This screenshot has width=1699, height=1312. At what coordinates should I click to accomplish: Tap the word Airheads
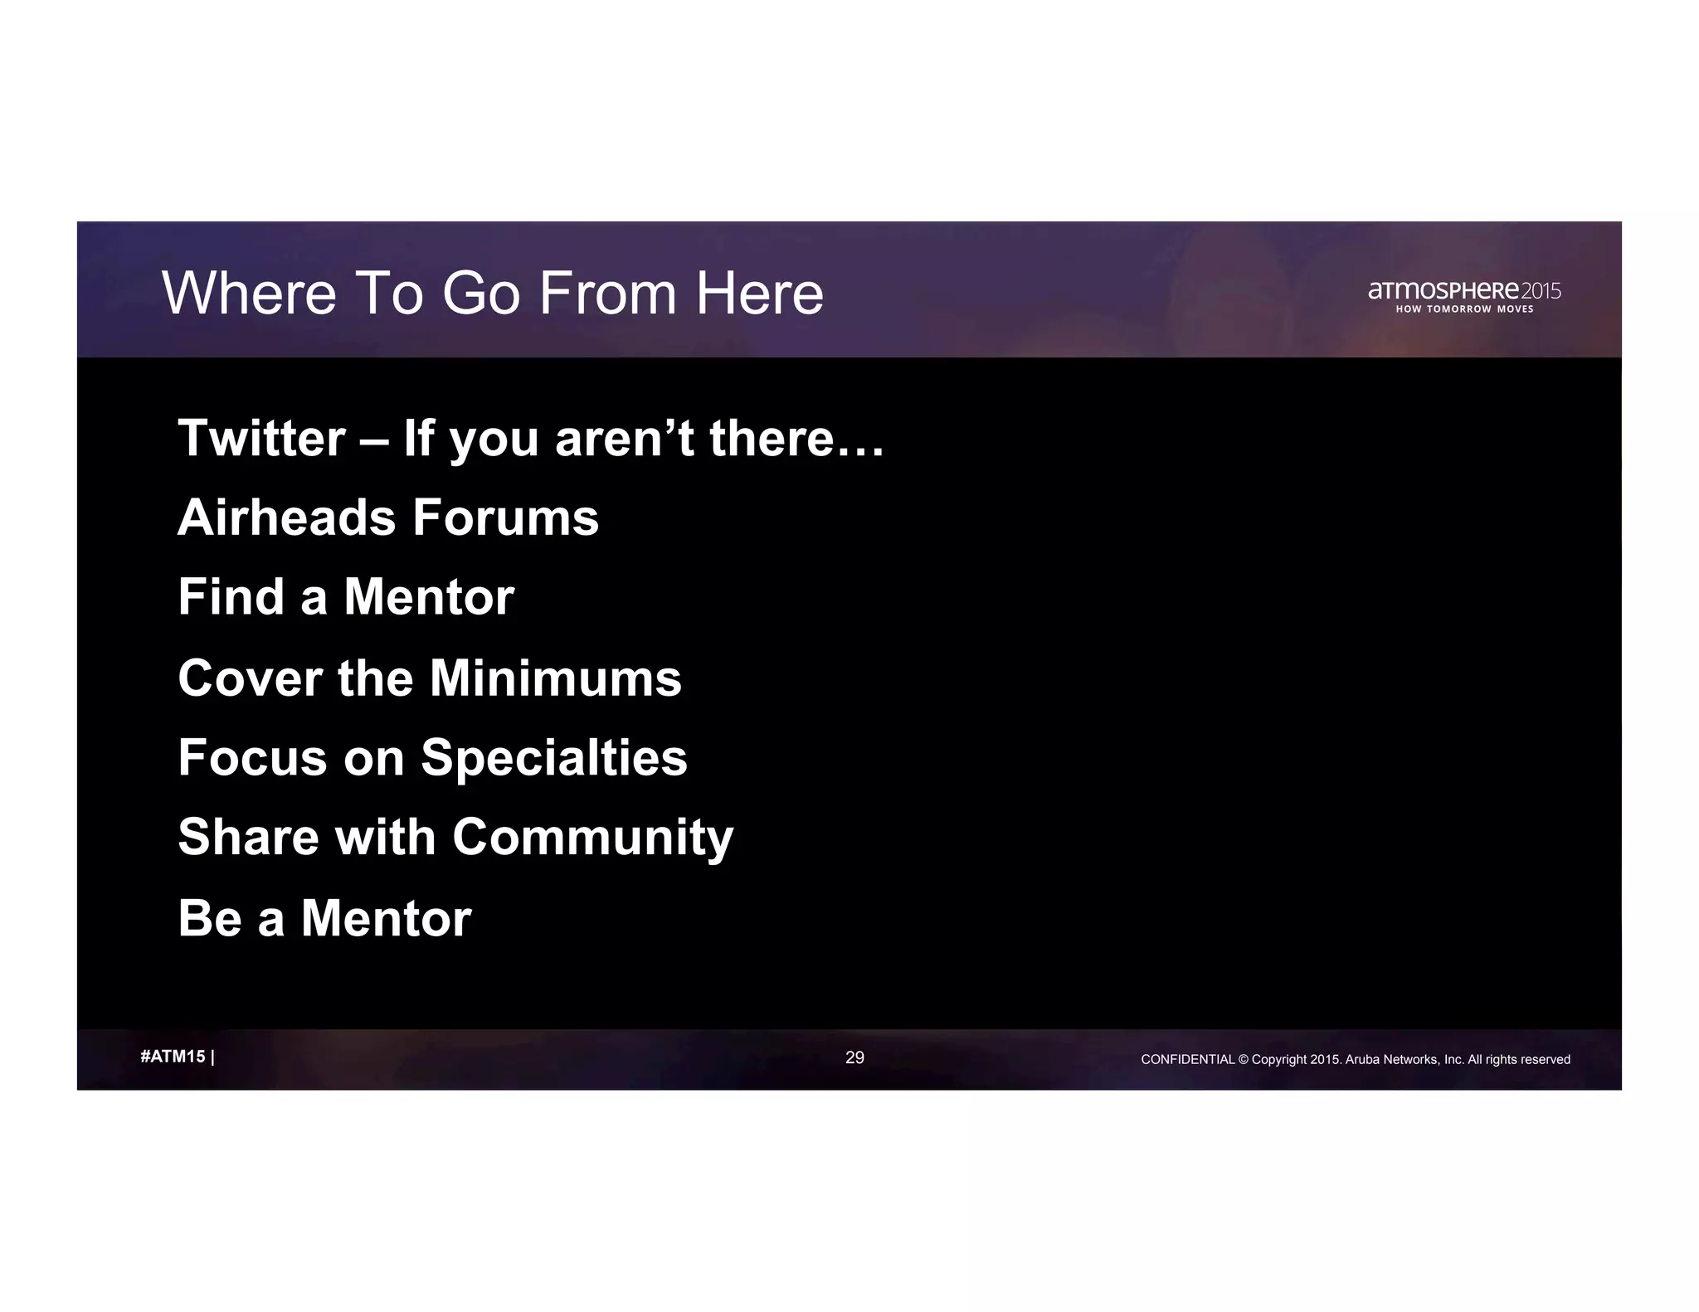pos(286,518)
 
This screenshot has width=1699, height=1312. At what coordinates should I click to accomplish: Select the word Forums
pos(505,518)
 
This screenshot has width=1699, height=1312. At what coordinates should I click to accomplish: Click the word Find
pos(231,597)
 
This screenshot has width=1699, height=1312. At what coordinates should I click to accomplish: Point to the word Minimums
pos(555,678)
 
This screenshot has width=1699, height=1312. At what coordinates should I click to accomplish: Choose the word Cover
pos(250,678)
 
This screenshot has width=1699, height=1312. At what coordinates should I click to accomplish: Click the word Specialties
pos(553,757)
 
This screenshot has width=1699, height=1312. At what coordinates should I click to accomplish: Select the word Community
pos(592,837)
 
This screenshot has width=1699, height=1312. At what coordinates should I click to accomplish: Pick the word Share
pos(248,837)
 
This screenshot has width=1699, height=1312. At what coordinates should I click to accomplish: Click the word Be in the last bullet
pos(209,918)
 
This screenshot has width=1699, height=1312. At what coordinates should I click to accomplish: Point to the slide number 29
pos(854,1057)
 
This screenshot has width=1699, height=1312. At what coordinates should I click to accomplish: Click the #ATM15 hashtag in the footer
pos(173,1057)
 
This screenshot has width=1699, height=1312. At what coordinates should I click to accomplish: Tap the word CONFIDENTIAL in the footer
pos(1188,1059)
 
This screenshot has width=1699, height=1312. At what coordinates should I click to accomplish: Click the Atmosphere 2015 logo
pos(1464,290)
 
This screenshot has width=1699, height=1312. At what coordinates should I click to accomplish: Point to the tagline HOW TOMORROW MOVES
pos(1464,309)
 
